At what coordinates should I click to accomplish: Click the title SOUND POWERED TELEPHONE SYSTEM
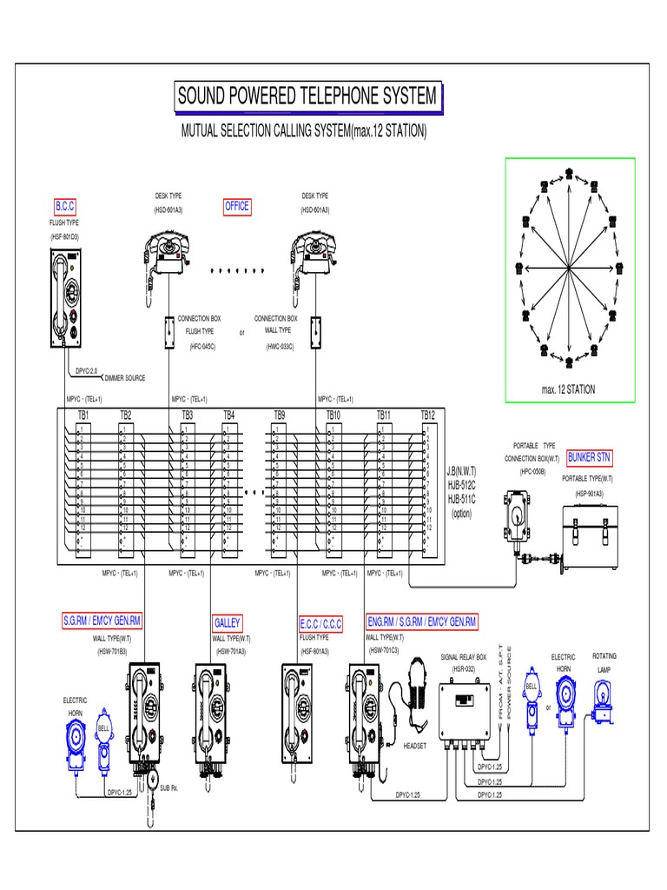pos(307,96)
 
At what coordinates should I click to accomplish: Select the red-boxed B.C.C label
pos(65,206)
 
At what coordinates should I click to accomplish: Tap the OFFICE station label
pos(237,206)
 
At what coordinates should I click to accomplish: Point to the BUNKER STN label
pos(590,457)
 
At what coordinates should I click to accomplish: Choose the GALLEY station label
pos(228,623)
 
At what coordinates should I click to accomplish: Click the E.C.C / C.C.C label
pos(321,623)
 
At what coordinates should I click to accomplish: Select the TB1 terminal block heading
pos(83,415)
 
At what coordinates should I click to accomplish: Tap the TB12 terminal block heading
pos(427,415)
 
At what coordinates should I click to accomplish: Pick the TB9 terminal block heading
pos(280,415)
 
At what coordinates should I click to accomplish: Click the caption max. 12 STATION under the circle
pos(569,389)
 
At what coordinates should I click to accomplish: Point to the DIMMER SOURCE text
pos(125,378)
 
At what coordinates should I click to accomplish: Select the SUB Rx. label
pos(168,787)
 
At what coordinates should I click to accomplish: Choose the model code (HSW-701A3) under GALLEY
pos(230,650)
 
